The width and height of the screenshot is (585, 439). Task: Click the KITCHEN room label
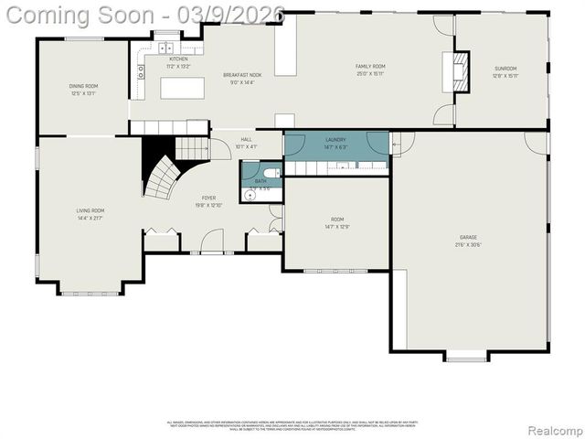click(177, 59)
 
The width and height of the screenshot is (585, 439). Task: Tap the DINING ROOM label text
click(83, 86)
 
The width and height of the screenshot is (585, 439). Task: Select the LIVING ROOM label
click(90, 210)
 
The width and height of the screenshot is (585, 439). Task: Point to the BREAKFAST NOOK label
click(243, 74)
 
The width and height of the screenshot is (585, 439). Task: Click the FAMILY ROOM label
click(370, 66)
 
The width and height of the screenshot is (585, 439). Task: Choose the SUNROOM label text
click(505, 69)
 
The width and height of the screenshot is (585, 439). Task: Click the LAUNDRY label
click(335, 139)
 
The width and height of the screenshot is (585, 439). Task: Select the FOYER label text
click(208, 198)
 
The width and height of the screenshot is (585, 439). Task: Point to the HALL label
click(246, 139)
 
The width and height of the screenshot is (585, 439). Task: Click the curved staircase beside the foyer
click(162, 178)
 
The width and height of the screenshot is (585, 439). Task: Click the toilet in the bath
click(271, 172)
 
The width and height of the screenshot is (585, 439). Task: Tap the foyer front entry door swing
click(211, 242)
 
